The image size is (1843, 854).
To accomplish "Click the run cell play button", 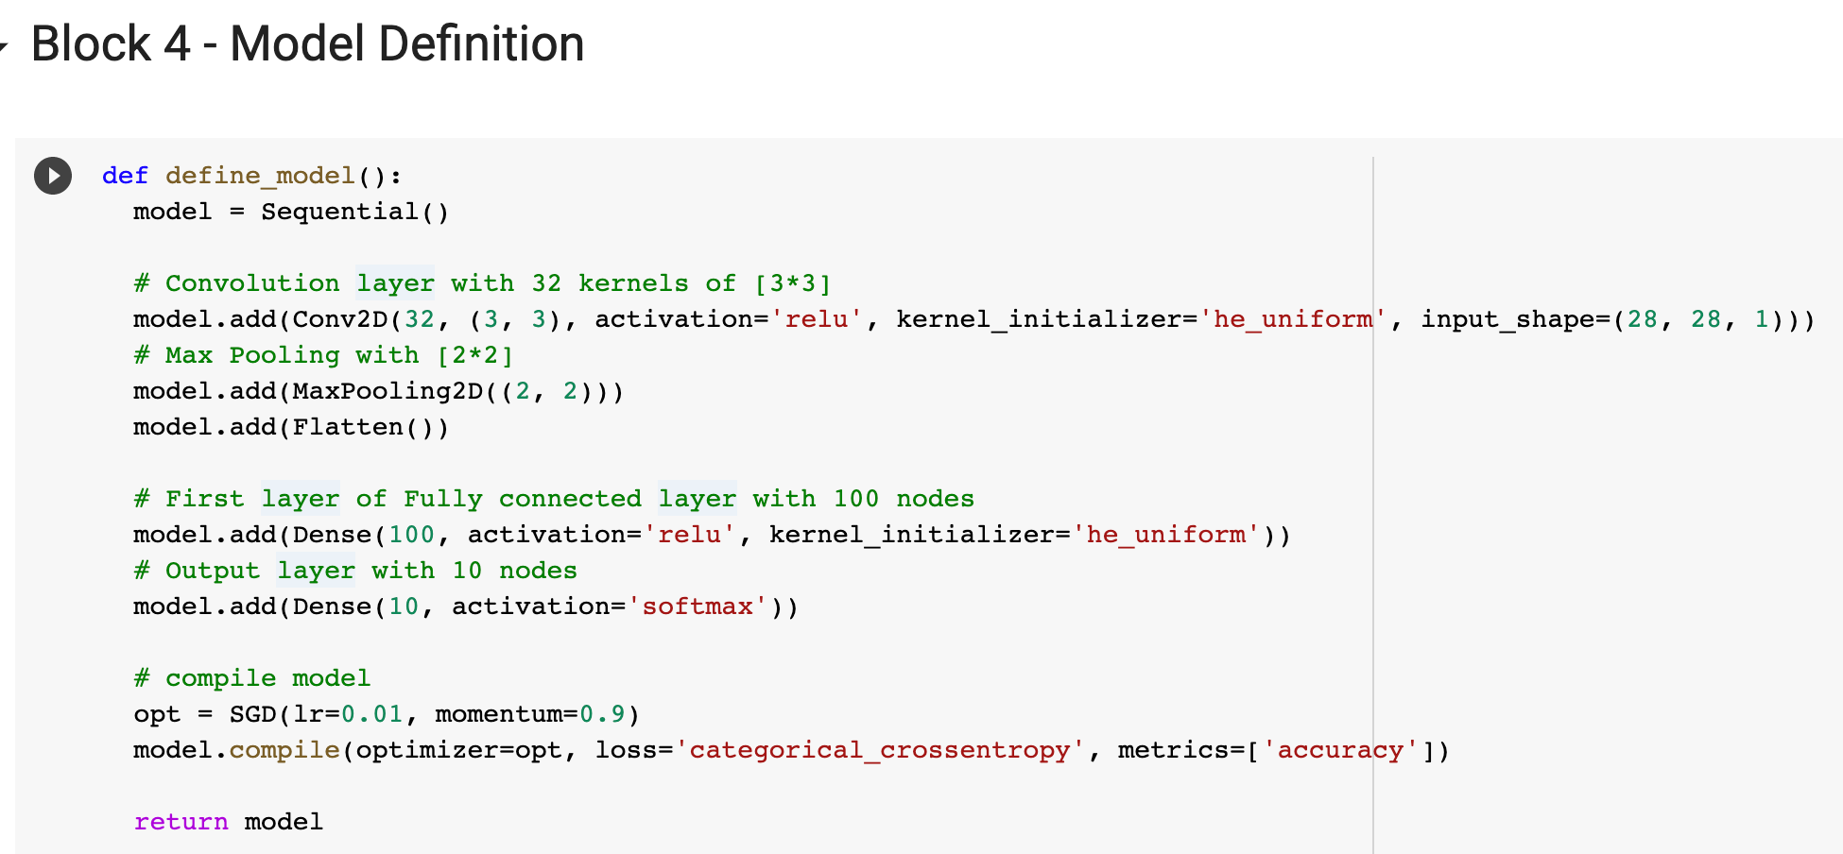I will (x=53, y=176).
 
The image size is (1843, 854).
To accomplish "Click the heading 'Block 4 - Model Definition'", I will (x=307, y=44).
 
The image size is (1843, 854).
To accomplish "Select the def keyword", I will (x=125, y=176).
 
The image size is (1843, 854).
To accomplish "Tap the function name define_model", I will (x=260, y=176).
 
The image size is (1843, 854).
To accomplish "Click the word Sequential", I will (x=339, y=212).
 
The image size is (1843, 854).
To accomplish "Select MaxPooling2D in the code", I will (x=388, y=391).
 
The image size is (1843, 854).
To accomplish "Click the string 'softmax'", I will (x=698, y=606).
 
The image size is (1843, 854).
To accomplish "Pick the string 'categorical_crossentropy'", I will (x=880, y=750).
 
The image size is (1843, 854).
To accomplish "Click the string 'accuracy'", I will (x=1340, y=750).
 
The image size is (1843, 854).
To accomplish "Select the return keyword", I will (x=181, y=822).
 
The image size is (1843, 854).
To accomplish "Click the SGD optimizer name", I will (x=252, y=714).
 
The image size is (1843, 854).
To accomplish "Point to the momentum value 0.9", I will (x=602, y=714).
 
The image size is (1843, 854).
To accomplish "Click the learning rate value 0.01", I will (x=371, y=714).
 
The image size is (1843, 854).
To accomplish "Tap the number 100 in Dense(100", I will (x=411, y=535).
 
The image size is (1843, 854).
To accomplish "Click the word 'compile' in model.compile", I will (x=284, y=750).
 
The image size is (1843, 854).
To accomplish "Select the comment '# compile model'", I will (x=252, y=678).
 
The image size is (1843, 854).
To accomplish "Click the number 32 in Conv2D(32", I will (x=419, y=319).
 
